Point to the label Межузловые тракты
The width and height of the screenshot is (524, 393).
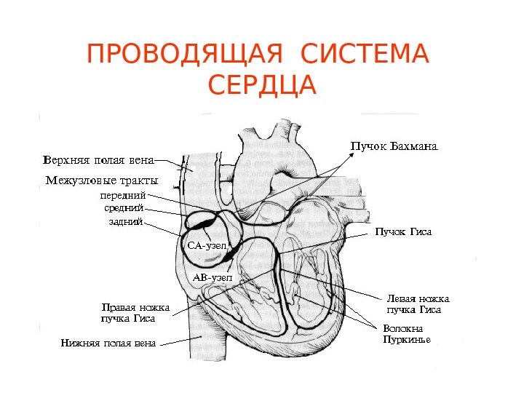(x=101, y=180)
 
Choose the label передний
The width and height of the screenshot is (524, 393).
(x=123, y=195)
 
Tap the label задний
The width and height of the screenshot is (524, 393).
(x=124, y=222)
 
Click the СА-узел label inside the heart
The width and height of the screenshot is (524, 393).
(x=207, y=246)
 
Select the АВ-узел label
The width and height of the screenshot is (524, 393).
(x=212, y=277)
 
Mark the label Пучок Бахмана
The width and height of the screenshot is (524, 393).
(x=394, y=147)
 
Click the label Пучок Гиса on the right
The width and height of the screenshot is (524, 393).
(x=403, y=232)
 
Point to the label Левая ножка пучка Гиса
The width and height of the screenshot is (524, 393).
(x=418, y=304)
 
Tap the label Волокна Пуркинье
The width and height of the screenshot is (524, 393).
(x=407, y=334)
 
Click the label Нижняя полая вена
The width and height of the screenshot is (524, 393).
(x=108, y=342)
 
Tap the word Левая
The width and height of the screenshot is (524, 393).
(x=402, y=299)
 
